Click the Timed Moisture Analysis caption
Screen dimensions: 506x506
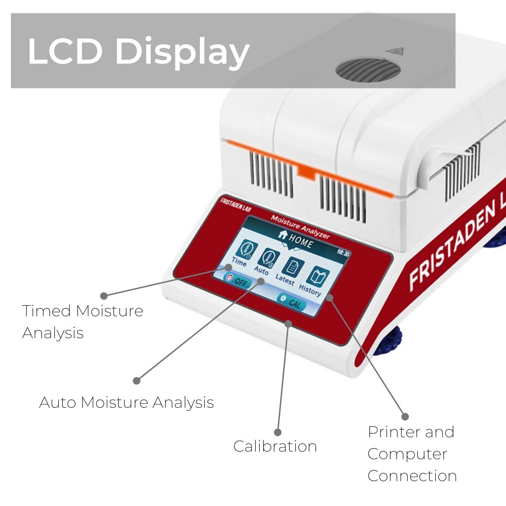[x=82, y=322]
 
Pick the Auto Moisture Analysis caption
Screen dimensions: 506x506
[x=126, y=402]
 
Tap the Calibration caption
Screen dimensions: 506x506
[x=275, y=446]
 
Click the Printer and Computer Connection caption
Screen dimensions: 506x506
[x=412, y=454]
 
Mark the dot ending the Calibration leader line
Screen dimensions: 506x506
[x=277, y=432]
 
